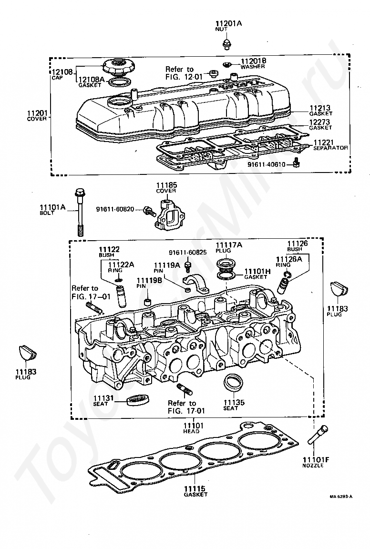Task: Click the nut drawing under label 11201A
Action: pyautogui.click(x=226, y=44)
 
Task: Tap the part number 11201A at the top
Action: pyautogui.click(x=228, y=23)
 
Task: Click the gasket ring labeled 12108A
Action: pyautogui.click(x=120, y=82)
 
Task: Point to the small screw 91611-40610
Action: pyautogui.click(x=297, y=163)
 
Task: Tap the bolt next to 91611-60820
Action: pyautogui.click(x=150, y=212)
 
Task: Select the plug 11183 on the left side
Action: pyautogui.click(x=27, y=353)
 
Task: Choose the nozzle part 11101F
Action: pyautogui.click(x=318, y=434)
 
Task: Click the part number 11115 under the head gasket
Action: pyautogui.click(x=195, y=488)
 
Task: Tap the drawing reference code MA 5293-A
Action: pyautogui.click(x=341, y=496)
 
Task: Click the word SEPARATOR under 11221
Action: pyautogui.click(x=330, y=148)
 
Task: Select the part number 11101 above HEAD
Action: pyautogui.click(x=193, y=426)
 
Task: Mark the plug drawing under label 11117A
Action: pyautogui.click(x=226, y=264)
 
